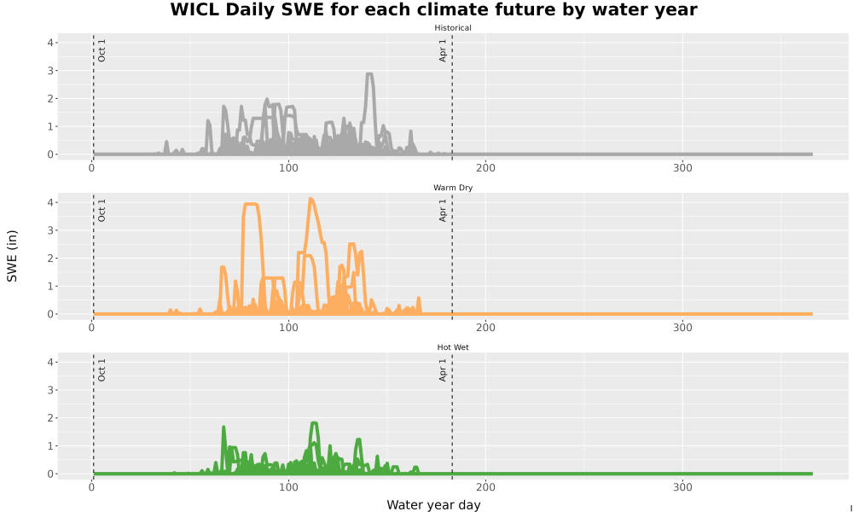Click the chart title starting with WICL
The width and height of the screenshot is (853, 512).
433,9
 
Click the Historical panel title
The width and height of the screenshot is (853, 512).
453,28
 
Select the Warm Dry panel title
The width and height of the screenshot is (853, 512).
453,188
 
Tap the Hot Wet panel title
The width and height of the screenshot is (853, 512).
453,347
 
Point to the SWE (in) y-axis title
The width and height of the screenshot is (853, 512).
12,256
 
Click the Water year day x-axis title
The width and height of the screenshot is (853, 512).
433,505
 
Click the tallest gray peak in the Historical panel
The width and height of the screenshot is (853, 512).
370,74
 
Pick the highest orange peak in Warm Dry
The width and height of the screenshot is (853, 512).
310,199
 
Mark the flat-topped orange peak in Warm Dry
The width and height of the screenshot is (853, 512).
251,204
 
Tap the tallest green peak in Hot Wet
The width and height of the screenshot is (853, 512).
313,422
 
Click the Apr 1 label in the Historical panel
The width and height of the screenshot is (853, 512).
443,50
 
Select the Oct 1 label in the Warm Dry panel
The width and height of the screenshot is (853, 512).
102,210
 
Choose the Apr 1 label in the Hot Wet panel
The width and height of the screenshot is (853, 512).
443,369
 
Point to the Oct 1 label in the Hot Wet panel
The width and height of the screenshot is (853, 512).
102,369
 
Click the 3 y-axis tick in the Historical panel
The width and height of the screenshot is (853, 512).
50,71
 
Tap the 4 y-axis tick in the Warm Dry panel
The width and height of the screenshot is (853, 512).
50,202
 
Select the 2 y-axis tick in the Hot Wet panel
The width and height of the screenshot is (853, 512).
50,418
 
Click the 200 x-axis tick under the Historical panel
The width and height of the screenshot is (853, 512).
485,168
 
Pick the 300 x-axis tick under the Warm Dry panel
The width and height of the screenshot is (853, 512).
682,328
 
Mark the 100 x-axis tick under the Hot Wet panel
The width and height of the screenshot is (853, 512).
288,487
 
